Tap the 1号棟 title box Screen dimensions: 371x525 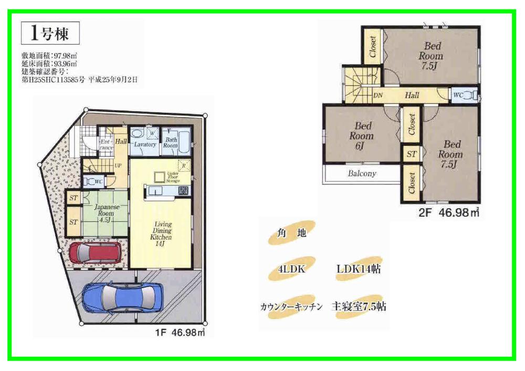point(50,35)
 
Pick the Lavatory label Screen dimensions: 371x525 point(144,144)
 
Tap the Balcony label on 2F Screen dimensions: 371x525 point(362,173)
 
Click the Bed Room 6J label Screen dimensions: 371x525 point(363,135)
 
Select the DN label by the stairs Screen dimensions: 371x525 point(377,96)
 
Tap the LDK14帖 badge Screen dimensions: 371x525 point(358,269)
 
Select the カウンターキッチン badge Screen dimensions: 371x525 point(290,306)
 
